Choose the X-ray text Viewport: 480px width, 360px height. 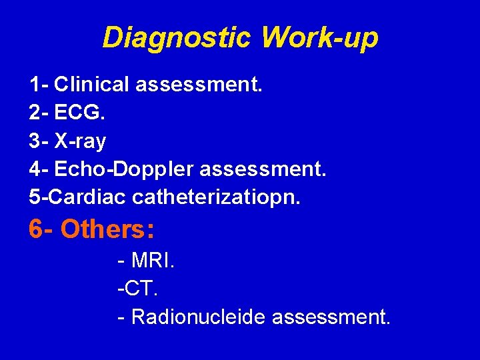coord(81,141)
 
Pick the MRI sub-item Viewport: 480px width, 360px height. coord(153,261)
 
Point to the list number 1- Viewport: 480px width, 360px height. coord(39,85)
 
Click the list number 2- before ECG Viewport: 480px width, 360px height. coord(39,113)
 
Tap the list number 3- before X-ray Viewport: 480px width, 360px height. coord(39,141)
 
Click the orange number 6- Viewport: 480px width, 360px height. coord(41,229)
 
